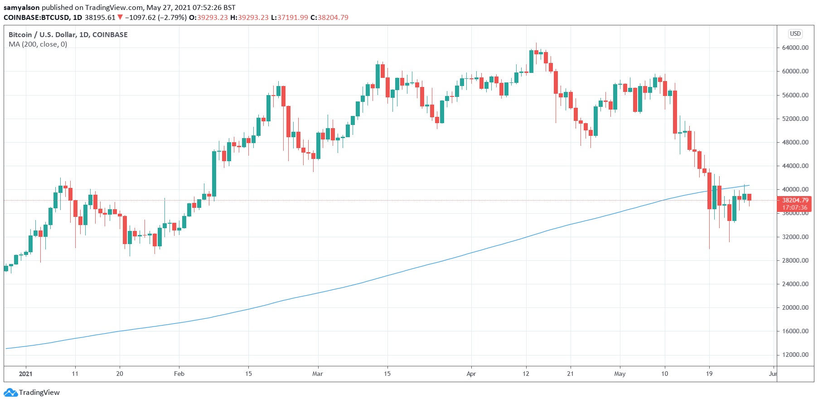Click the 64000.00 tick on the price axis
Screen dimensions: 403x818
point(795,48)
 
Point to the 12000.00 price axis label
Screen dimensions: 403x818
point(795,355)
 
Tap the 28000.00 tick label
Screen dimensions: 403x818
point(795,260)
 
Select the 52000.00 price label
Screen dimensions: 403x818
point(795,119)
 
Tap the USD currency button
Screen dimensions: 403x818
point(795,34)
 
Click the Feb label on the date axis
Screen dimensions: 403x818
point(179,374)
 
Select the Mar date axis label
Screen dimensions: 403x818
point(318,374)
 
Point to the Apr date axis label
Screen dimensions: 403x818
point(471,374)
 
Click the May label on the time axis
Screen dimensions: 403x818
point(620,374)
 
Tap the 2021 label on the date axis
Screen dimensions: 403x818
point(26,374)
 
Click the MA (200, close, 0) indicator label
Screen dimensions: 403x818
point(38,44)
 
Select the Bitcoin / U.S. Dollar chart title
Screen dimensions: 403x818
point(68,34)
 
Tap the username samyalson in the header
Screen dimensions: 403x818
point(22,8)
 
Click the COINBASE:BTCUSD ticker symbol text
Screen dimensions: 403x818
point(37,18)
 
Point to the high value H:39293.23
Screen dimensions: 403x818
point(249,18)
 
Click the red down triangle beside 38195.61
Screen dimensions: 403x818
point(120,18)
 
